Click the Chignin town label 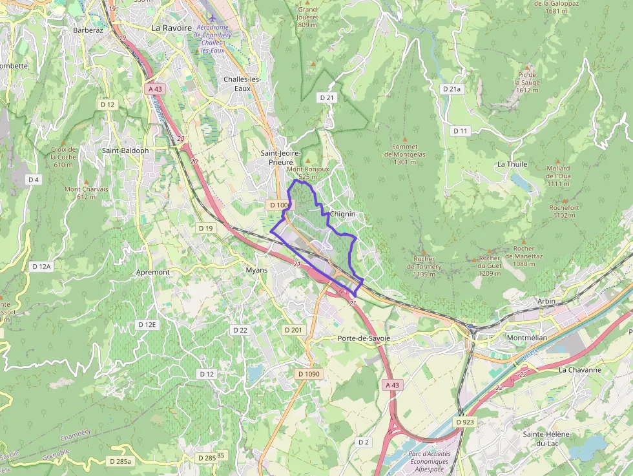click(342, 214)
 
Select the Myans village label click(257, 270)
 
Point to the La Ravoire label click(172, 28)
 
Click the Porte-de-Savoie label click(362, 338)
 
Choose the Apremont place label click(153, 272)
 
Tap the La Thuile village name click(512, 164)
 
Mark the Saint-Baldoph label click(125, 150)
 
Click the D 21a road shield click(452, 88)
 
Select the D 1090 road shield click(309, 374)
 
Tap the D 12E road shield click(147, 324)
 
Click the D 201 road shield click(293, 330)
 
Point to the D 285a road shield click(120, 461)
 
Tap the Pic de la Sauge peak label click(527, 82)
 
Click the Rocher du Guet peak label click(490, 265)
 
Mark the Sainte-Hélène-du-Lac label click(547, 439)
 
